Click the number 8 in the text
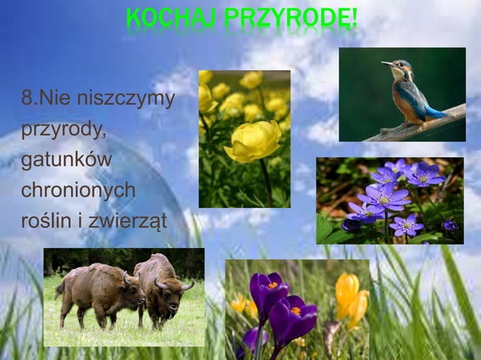27,99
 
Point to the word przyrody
63,130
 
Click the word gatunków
66,160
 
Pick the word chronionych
78,191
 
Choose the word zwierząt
136,221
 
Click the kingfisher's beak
388,63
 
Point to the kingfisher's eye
400,66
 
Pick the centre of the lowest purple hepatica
408,224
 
